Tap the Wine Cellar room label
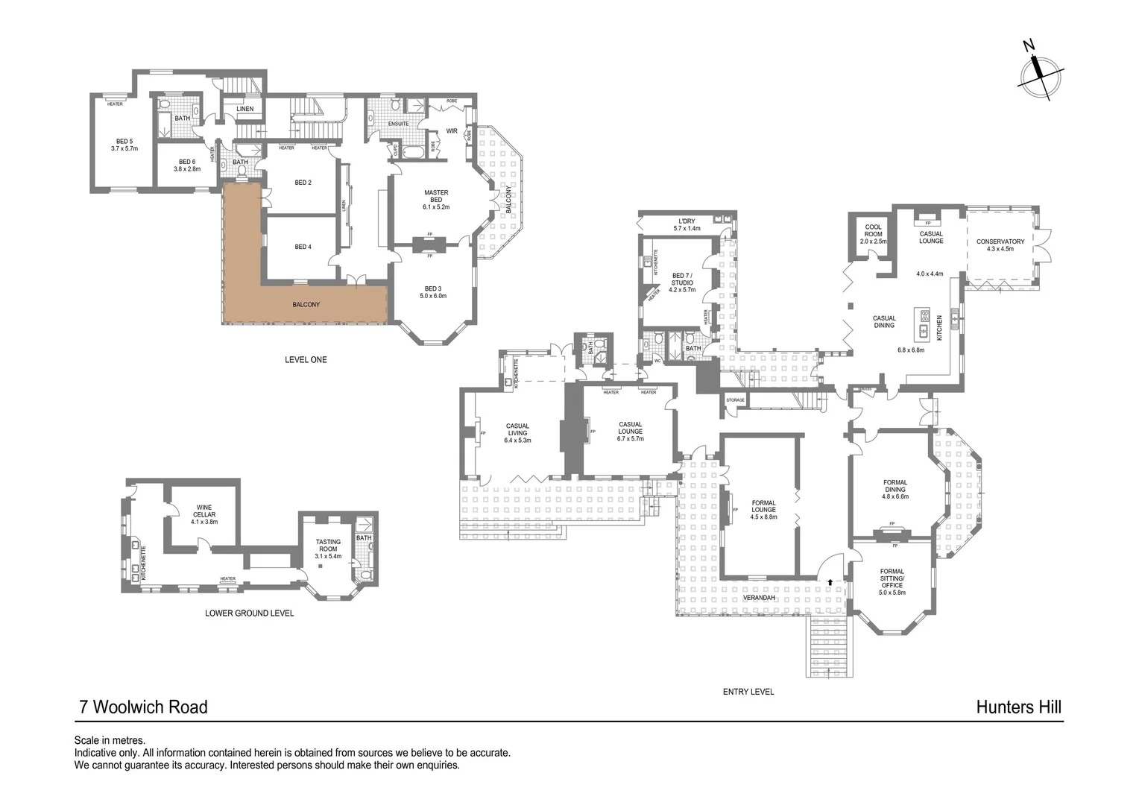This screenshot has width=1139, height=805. [203, 514]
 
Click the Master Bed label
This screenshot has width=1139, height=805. [436, 199]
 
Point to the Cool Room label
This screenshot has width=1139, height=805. [873, 234]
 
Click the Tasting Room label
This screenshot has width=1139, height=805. [328, 549]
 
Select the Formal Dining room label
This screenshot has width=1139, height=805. [895, 489]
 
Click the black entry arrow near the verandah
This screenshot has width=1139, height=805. [830, 581]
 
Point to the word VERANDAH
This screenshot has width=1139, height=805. [759, 598]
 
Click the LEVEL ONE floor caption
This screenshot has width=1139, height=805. [306, 360]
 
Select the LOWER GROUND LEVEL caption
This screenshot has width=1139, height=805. [249, 613]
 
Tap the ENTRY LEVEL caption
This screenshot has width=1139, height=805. [748, 692]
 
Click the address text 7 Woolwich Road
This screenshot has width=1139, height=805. [143, 707]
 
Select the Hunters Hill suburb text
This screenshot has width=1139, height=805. [1018, 707]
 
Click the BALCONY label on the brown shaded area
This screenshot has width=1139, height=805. [306, 305]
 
